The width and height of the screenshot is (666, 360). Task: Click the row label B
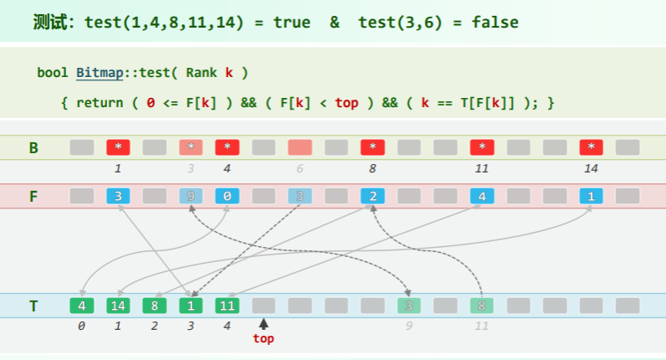[x=33, y=148]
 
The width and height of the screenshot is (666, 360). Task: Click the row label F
[x=33, y=198]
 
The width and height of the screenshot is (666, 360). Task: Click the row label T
[x=33, y=306]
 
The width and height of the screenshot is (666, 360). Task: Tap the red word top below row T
[x=264, y=338]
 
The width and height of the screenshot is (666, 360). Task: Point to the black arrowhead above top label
[x=264, y=324]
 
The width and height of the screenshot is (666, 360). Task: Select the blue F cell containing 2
[x=372, y=198]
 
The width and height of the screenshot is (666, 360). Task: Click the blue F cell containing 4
[x=482, y=198]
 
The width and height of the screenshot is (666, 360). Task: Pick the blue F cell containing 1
[x=592, y=198]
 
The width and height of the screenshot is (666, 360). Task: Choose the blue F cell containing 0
[x=227, y=198]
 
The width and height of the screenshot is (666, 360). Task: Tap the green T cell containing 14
[x=118, y=306]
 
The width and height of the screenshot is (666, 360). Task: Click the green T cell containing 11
[x=227, y=306]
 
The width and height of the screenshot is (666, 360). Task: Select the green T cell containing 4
[x=82, y=306]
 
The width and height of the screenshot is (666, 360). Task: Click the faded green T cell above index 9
[x=409, y=306]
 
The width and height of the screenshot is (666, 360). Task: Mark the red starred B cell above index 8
[x=372, y=147]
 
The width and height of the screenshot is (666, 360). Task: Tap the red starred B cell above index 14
[x=592, y=147]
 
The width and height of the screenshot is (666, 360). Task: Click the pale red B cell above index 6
[x=300, y=147]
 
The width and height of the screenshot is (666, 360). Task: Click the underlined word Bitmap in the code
[x=98, y=72]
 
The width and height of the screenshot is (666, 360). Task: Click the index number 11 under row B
[x=482, y=167]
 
